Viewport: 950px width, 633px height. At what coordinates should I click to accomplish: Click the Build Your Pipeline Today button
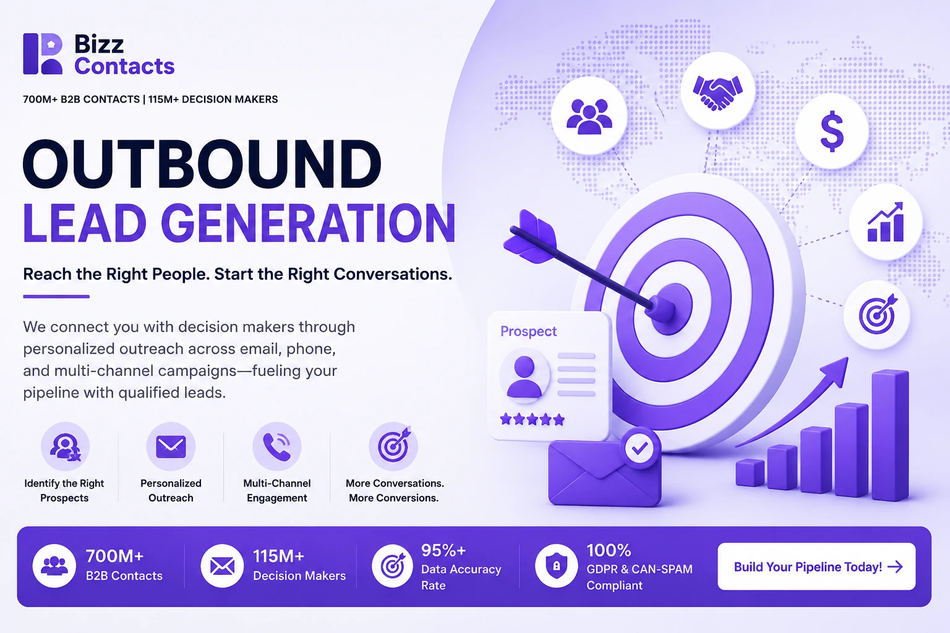click(816, 566)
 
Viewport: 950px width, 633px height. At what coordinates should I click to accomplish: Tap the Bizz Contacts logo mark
click(43, 54)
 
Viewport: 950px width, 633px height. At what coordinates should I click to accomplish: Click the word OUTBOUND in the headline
click(202, 164)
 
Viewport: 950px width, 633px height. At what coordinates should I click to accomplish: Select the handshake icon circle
click(717, 91)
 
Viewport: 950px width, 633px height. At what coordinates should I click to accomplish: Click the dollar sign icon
click(832, 131)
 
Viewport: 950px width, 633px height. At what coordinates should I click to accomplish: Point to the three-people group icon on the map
click(589, 116)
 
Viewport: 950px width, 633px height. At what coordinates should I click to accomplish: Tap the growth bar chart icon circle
click(886, 222)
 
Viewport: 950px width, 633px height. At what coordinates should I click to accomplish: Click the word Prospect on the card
click(528, 331)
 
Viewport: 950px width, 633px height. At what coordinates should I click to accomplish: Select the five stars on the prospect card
click(533, 419)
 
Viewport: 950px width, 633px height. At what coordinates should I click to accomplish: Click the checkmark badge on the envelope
click(640, 448)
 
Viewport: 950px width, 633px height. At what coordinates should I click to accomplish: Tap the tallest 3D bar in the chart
click(890, 435)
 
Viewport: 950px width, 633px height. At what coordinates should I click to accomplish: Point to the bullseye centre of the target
click(670, 308)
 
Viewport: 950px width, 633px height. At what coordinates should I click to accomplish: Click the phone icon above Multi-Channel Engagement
click(277, 446)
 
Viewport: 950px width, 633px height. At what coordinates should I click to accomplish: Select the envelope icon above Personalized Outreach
click(171, 447)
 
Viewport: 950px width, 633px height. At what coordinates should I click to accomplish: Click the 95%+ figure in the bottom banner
click(443, 550)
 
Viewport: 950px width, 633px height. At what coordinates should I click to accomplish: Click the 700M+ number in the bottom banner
click(114, 556)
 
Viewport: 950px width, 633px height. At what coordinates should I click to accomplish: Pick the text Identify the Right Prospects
click(64, 490)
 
